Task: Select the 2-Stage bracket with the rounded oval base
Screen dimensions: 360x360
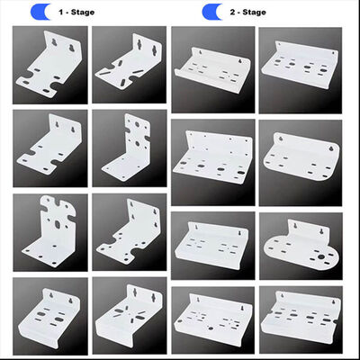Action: point(301,241)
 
